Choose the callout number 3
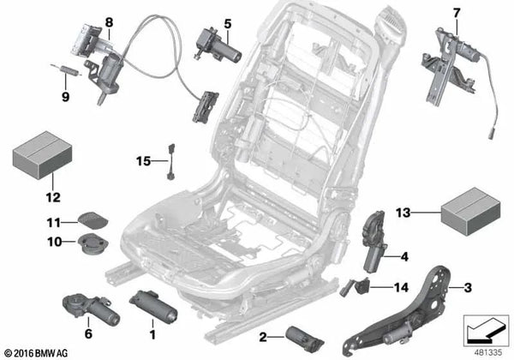[469, 288]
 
